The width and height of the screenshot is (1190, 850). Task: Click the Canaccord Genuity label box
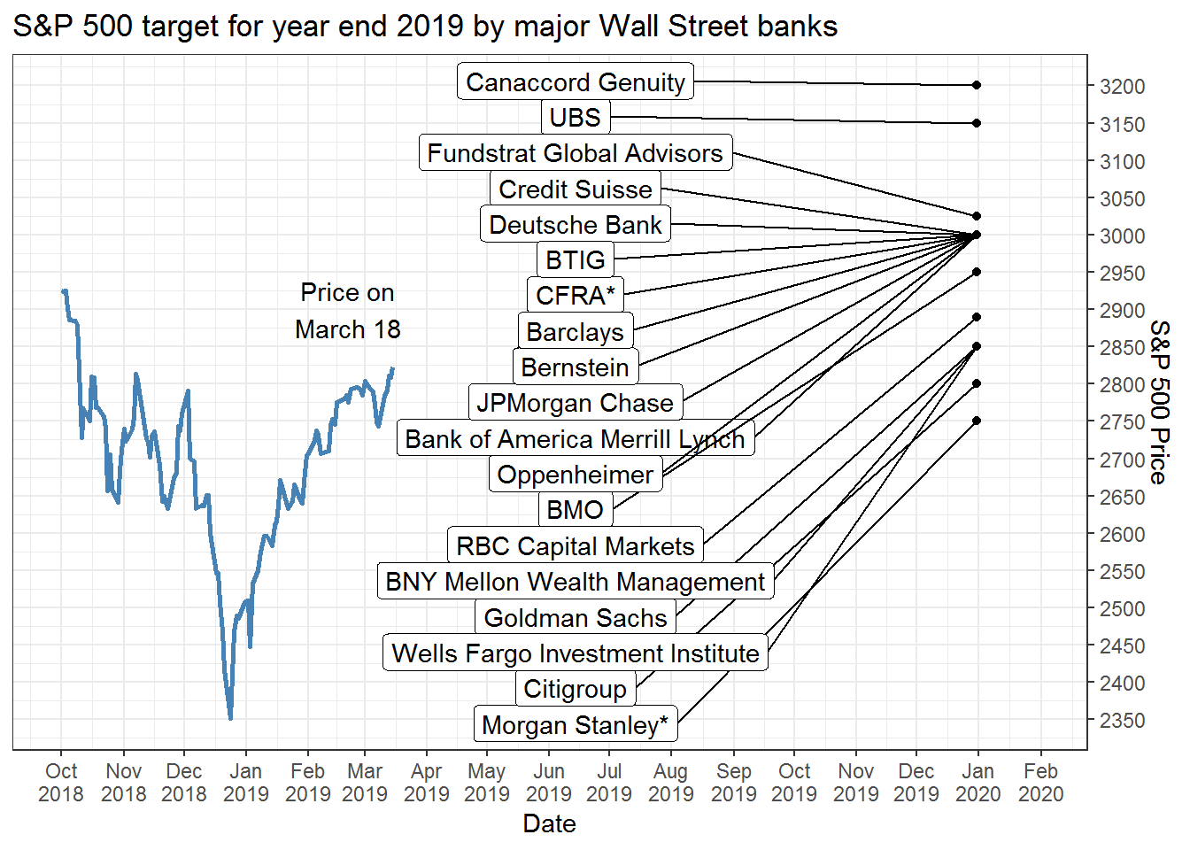pos(576,82)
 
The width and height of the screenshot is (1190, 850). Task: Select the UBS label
pos(575,118)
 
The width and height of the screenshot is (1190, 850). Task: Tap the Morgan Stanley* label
pos(575,725)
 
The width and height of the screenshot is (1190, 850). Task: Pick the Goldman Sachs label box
pos(575,618)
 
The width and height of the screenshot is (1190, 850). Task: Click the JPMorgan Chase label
pos(575,404)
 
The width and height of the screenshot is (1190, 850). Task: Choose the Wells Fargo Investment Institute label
pos(575,653)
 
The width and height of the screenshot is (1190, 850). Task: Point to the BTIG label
pos(575,260)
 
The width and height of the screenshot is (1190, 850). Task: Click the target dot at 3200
pos(977,85)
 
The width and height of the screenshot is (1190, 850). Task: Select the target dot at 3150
pos(977,123)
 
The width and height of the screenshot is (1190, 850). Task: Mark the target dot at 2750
pos(977,421)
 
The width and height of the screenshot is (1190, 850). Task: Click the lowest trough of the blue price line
pos(230,718)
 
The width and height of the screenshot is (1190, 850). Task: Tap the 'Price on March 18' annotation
pos(347,311)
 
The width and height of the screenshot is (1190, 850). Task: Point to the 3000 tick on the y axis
pos(1121,236)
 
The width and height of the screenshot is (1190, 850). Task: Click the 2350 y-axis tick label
pos(1121,721)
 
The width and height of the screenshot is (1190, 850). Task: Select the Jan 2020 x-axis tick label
pos(977,783)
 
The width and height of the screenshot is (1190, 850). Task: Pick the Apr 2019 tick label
pos(426,783)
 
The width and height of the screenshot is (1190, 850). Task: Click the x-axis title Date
pos(549,824)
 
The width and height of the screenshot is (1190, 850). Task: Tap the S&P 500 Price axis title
pos(1159,402)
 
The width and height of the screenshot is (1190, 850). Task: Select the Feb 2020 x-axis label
pos(1040,783)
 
